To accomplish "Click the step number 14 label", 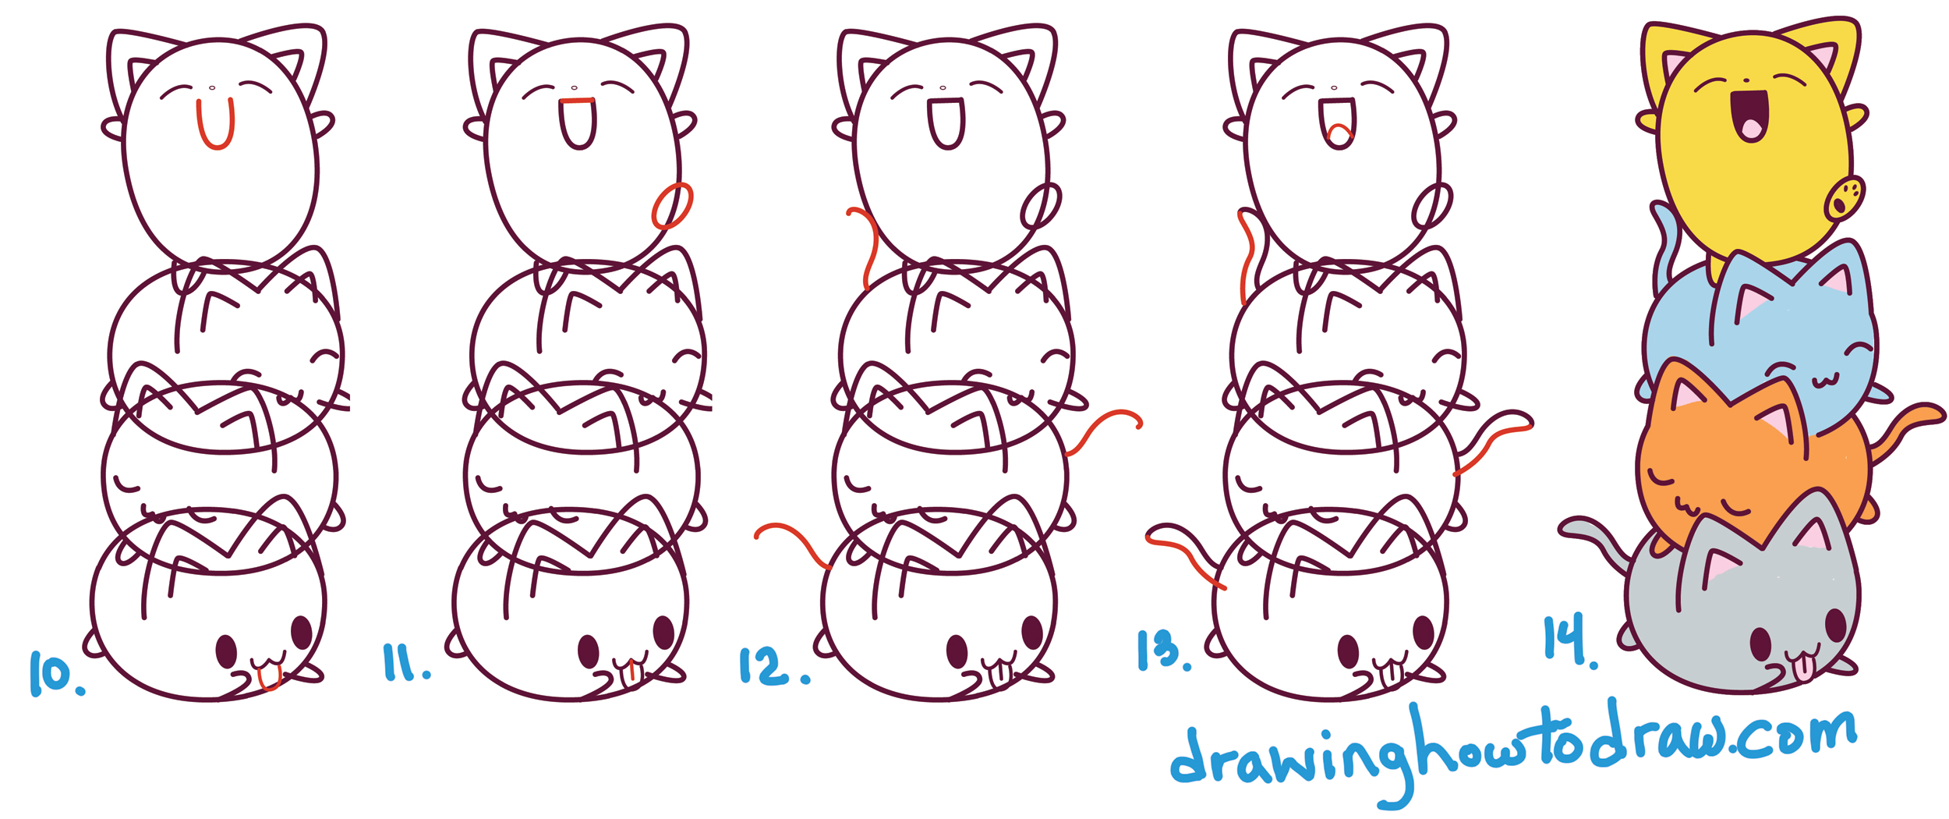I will [1567, 640].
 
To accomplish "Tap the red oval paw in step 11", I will [671, 206].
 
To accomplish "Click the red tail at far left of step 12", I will [791, 542].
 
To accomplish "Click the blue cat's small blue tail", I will [1664, 242].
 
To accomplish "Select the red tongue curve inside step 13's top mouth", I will [1339, 133].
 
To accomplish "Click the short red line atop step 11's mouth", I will [578, 101].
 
